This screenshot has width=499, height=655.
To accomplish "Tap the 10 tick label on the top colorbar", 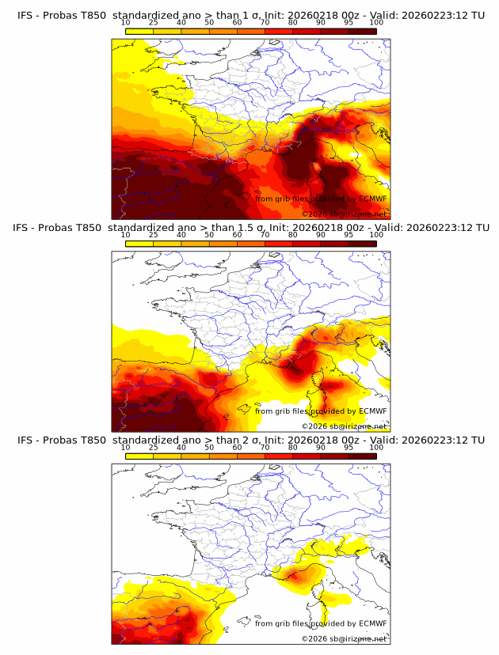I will tap(125, 22).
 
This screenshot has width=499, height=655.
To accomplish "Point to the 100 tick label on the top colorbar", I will tap(376, 22).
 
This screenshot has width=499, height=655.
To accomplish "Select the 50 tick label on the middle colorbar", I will tap(209, 234).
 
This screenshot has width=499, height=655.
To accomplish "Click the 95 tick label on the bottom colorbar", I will tap(349, 447).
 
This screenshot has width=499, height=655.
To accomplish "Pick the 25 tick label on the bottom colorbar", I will tap(153, 447).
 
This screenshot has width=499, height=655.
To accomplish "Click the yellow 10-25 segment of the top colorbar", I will tap(139, 30).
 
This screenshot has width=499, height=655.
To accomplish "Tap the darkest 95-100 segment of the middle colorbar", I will tap(362, 243).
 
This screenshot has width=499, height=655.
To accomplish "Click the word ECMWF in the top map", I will tap(372, 199).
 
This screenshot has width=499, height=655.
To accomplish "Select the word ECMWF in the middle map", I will tap(372, 411).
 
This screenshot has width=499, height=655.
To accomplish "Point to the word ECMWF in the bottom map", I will tap(372, 623).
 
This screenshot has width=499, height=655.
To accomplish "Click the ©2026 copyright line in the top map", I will tap(344, 214).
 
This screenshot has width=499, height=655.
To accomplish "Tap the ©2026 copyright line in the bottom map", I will tap(344, 638).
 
